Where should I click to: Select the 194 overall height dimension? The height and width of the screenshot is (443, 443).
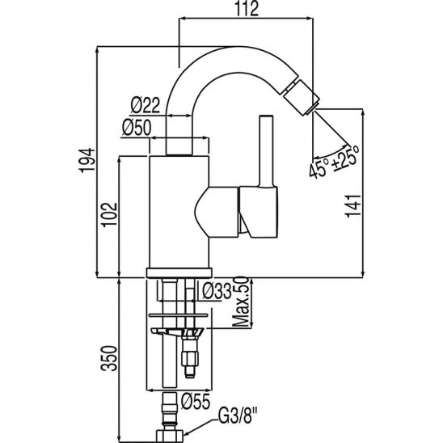[x=87, y=160]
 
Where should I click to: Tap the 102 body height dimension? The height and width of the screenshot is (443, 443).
[x=110, y=214]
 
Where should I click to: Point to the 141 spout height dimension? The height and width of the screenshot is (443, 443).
[x=353, y=206]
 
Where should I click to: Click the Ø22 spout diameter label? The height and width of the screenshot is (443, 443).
[x=146, y=105]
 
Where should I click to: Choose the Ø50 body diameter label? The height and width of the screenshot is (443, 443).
[x=137, y=128]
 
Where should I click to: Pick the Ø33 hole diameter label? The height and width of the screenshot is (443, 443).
[x=217, y=291]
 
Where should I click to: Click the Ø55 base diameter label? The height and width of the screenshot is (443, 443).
[x=196, y=401]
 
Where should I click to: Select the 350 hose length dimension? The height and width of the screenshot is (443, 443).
[x=110, y=358]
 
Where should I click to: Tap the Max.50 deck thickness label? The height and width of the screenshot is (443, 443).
[x=241, y=302]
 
